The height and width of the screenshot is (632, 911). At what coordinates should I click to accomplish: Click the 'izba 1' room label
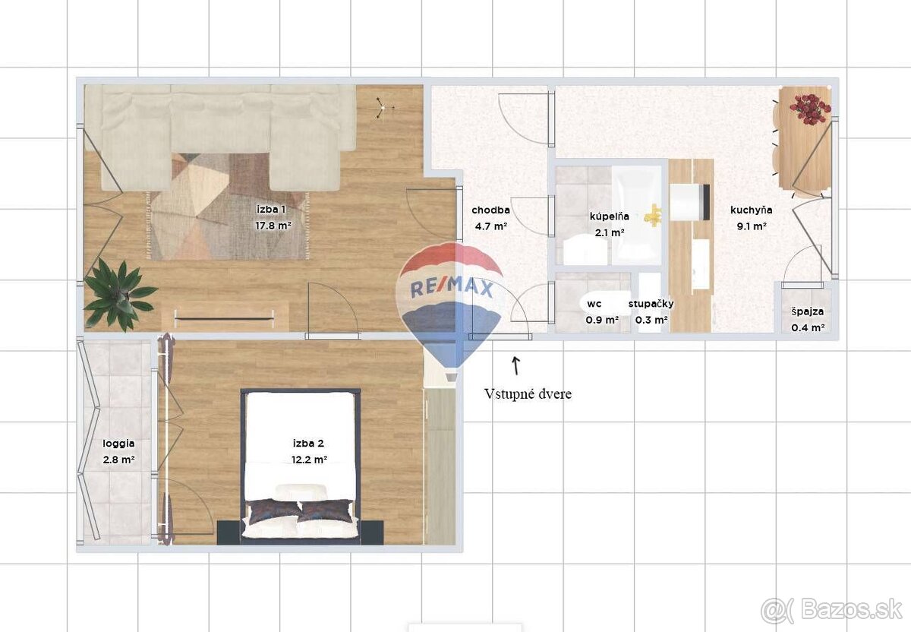point(271,210)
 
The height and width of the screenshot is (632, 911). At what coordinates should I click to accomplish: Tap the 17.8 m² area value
point(273,225)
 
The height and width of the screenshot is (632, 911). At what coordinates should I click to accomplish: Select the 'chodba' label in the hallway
point(490,210)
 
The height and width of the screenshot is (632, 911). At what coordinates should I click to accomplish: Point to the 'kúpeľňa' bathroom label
point(609,216)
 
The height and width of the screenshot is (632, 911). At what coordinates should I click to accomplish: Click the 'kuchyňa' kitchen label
point(751,210)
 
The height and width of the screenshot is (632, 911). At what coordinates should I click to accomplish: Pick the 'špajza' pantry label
point(807,312)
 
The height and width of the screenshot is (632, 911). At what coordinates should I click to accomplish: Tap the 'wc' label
point(594,304)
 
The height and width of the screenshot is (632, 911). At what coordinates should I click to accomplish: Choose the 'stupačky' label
point(651,304)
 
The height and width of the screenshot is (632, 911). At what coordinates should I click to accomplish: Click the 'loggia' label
point(118,444)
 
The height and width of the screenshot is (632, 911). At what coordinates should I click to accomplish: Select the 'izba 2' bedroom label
point(309,443)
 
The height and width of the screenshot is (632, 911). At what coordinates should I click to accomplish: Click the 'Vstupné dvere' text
point(528,394)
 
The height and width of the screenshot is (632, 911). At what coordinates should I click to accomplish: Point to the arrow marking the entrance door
point(515,365)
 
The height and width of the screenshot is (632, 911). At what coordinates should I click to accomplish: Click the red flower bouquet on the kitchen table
point(809,109)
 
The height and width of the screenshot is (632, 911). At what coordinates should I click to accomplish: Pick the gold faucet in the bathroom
point(653,215)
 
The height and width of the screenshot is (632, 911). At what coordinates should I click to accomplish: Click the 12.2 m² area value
point(310,460)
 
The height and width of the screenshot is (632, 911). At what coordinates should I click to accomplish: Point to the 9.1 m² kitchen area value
point(752,226)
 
